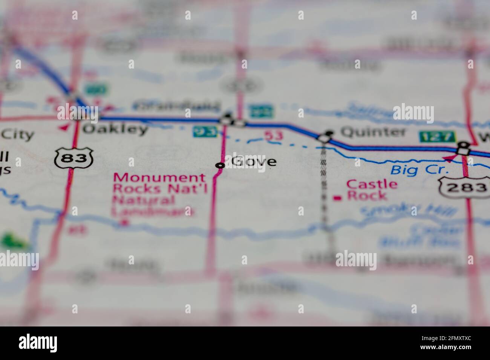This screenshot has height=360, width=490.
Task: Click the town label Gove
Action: click(254, 162)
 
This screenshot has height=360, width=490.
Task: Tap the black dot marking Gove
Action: click(220, 165)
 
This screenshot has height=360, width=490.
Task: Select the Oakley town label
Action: click(115, 129)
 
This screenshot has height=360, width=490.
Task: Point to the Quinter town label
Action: click(373, 132)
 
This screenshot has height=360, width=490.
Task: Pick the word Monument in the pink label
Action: click(160, 177)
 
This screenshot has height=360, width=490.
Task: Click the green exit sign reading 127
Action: click(437, 136)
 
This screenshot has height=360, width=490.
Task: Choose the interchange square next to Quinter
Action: click(324, 139)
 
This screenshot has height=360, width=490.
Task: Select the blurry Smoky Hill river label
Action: click(407, 211)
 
